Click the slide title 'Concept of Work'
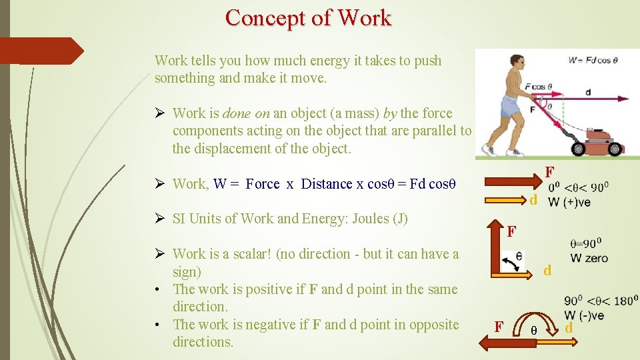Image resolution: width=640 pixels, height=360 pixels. coord(308,18)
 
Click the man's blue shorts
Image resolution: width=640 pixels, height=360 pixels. coord(510,107)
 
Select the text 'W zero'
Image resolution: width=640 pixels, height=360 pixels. coord(589,258)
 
